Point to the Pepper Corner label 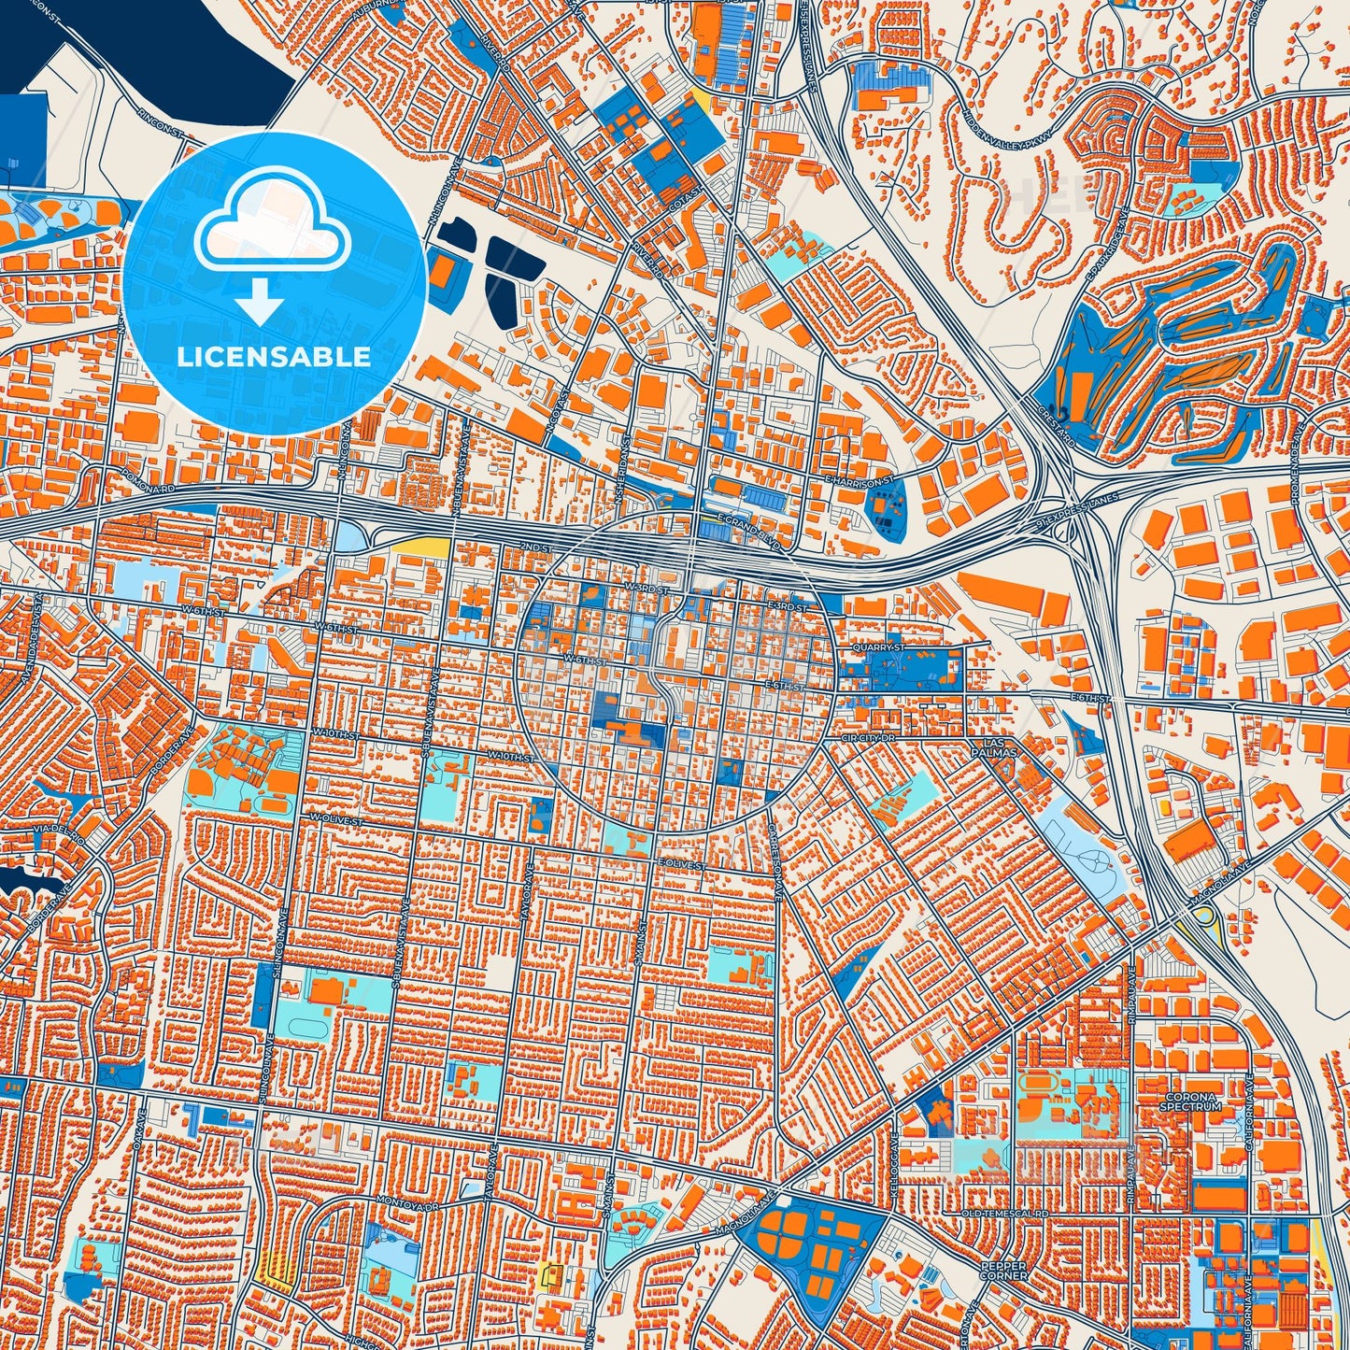point(1004,1271)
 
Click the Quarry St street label point(879,647)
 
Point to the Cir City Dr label point(868,737)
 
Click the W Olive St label point(334,818)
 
